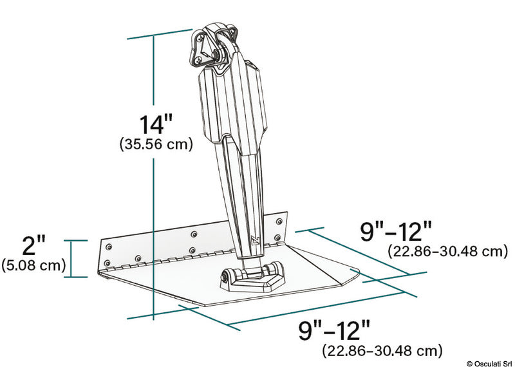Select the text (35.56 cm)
156,145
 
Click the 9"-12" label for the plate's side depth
396,230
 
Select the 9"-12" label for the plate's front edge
335,331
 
